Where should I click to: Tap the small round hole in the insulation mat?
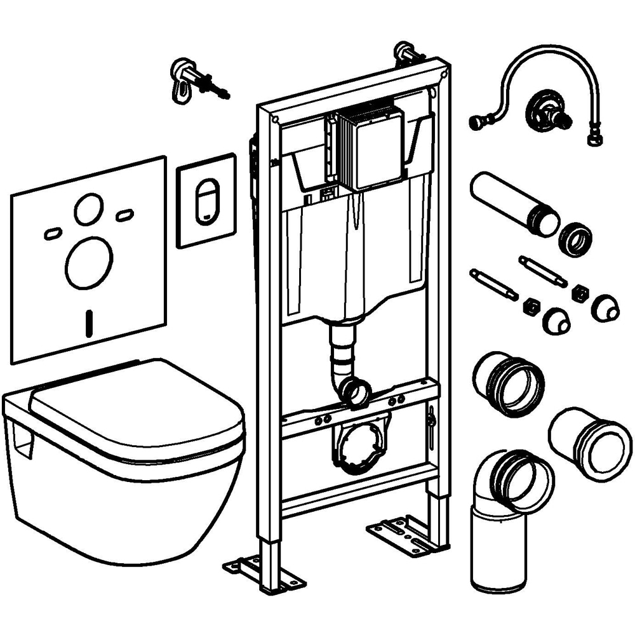[88, 209]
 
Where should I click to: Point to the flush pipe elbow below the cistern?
[352, 387]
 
